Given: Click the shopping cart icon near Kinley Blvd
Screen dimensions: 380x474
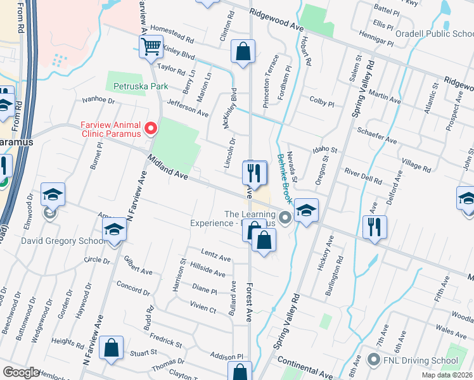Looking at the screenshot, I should (151, 46).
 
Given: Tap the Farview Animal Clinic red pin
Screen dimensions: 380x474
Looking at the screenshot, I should (151, 129).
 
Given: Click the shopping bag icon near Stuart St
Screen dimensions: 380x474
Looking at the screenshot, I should (112, 348).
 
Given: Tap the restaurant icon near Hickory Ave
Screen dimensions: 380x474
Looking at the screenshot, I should (375, 226).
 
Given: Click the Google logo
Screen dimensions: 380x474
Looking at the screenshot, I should (21, 372).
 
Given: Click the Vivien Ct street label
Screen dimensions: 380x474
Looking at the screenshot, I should (203, 308).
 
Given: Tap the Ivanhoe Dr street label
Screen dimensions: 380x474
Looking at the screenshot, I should (98, 100).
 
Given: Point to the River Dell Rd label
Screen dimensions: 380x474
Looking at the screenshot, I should (362, 176).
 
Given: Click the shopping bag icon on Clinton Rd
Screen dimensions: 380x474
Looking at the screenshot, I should (243, 51).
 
